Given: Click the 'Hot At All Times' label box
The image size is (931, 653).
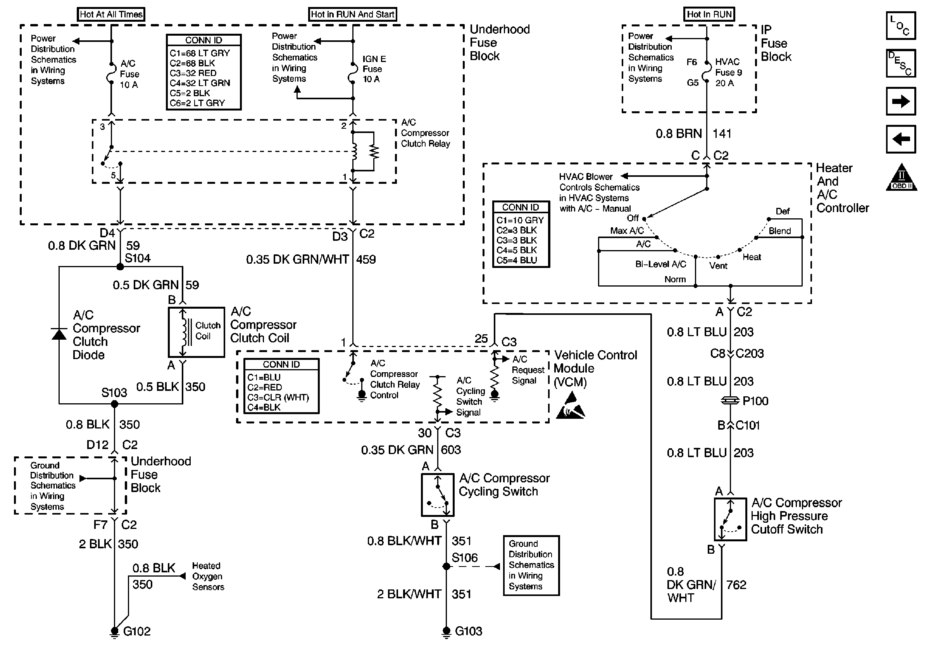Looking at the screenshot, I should pos(111,14).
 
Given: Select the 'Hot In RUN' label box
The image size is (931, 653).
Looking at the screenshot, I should pos(709,14).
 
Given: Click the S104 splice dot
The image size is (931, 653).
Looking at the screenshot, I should pos(120,266).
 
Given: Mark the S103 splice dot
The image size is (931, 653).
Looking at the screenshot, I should pos(114,404).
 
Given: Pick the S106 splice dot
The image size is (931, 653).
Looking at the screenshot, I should pos(446,566).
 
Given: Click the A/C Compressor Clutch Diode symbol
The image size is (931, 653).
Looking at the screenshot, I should pos(59,334).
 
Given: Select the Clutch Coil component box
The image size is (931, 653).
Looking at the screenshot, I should pos(196,332).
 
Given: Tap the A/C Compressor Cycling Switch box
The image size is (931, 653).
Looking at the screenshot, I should pos(438,495).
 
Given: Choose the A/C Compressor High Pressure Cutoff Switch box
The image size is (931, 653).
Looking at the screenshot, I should pos(730,519).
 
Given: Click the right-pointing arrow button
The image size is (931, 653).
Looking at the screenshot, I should pos(901,101).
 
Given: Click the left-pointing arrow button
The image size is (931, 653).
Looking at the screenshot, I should pos(901,139).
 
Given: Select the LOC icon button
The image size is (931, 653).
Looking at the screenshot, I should pos(901,26).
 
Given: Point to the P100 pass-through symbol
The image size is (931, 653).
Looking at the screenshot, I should pos(730,401).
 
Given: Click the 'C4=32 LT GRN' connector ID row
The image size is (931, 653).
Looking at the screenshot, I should pos(200,83).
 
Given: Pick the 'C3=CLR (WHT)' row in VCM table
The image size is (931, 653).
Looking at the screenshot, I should pos(278,397).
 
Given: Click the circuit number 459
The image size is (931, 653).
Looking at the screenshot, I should pos(366,259).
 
